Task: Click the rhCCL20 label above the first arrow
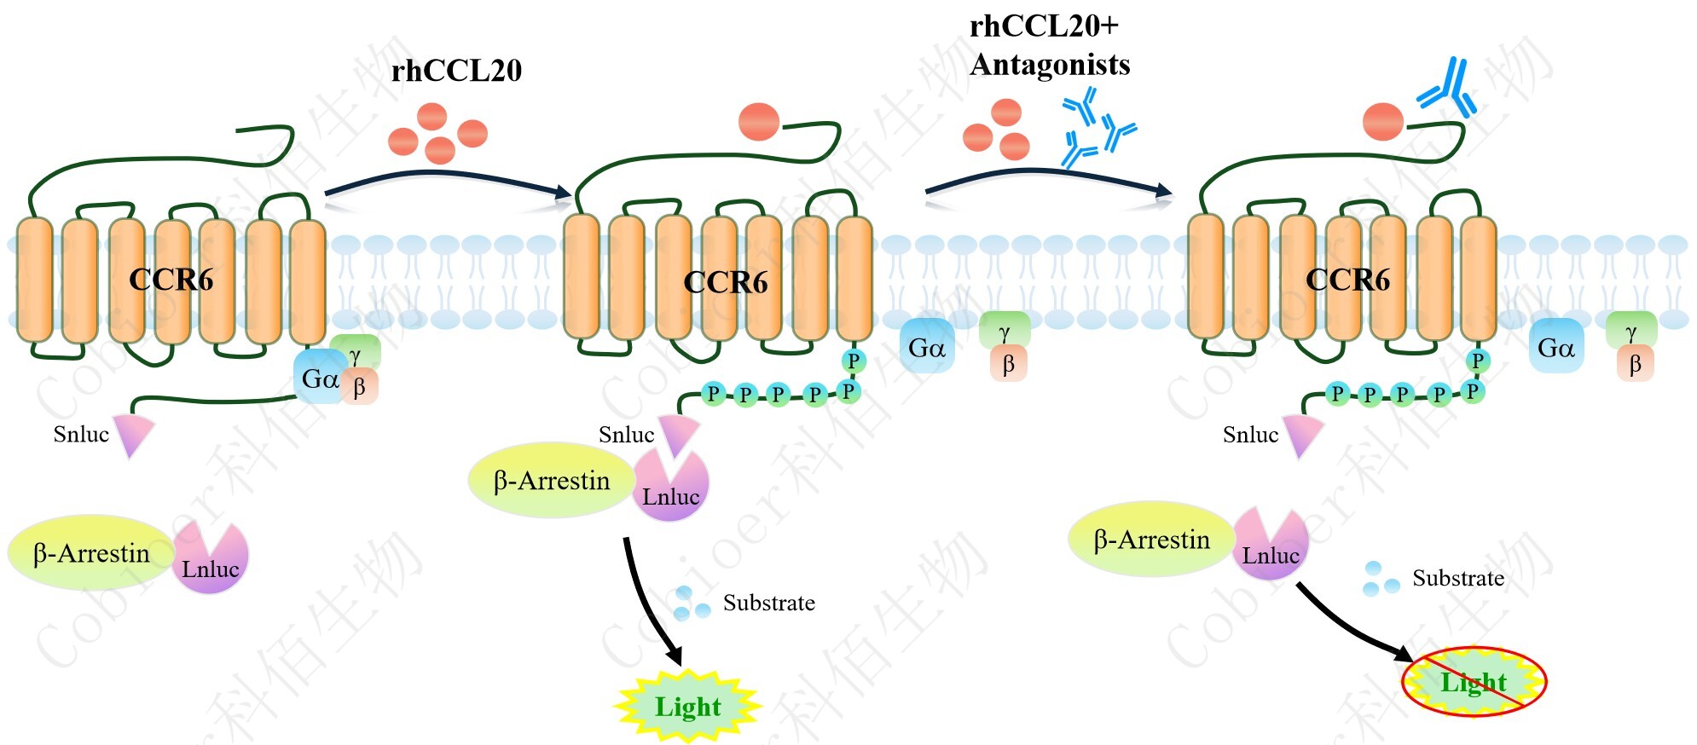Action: (456, 71)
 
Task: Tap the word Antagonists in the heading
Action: (1050, 65)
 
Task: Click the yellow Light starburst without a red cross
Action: (687, 707)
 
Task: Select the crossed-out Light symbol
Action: (1474, 682)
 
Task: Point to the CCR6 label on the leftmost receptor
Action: (171, 280)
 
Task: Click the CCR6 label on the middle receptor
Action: (726, 282)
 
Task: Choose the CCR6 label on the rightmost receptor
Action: (1347, 280)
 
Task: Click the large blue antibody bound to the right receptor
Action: (1448, 88)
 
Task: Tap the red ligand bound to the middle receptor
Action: (759, 121)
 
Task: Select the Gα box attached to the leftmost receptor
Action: (319, 378)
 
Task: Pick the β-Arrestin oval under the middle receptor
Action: (552, 481)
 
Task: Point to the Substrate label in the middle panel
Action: (768, 604)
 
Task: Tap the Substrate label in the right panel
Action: (1458, 579)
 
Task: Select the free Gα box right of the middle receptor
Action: (927, 347)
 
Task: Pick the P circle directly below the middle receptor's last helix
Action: (853, 361)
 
